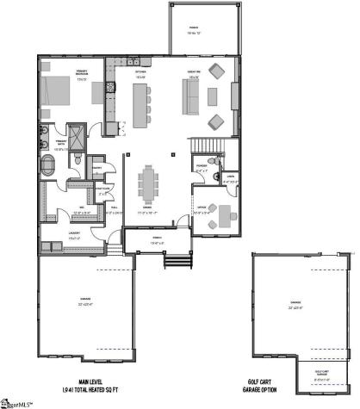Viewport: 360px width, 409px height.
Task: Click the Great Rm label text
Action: [194, 75]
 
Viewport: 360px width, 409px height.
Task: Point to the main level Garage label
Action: [86, 303]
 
